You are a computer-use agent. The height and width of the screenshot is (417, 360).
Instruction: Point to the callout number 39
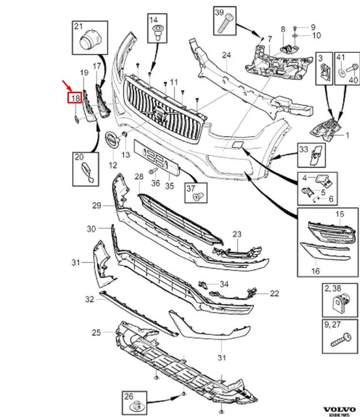coord(219,14)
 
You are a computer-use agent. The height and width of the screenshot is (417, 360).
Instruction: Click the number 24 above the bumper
coord(226,55)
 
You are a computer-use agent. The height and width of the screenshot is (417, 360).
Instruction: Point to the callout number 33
coord(303,149)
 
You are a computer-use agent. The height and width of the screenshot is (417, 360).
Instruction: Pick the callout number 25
coord(95,333)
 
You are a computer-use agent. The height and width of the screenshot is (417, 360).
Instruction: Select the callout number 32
coord(90,300)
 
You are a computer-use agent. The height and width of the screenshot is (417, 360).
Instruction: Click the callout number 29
coord(97,205)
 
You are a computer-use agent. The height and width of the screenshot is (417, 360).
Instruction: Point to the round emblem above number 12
coord(111,139)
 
